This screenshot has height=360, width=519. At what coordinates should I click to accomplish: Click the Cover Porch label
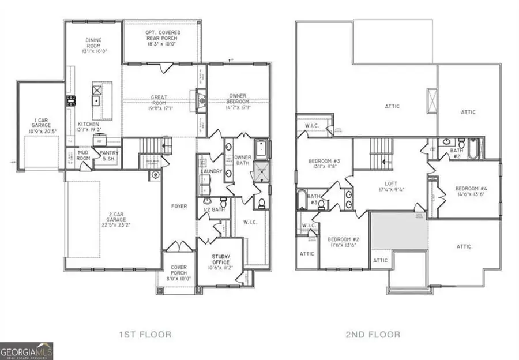coord(178,271)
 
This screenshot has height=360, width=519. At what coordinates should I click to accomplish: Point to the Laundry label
coord(211,171)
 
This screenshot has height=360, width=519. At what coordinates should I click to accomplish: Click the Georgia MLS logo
coord(27,350)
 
